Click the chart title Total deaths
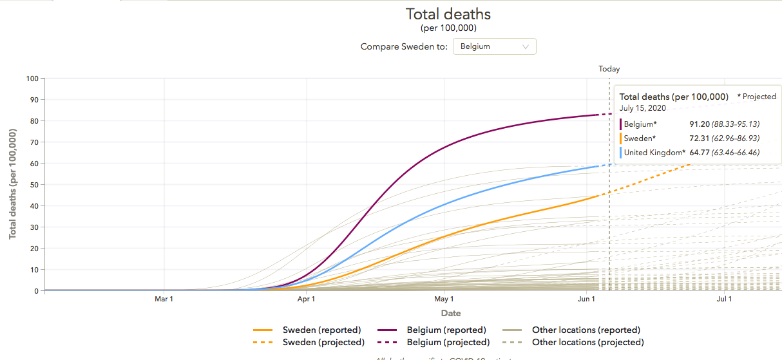448,14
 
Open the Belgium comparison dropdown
494,46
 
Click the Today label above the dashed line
609,69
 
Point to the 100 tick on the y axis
32,79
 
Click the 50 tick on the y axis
33,185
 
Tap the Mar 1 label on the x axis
164,299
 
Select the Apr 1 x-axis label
306,299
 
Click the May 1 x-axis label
444,299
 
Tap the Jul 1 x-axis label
724,299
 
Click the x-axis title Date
451,313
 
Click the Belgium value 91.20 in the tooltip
700,124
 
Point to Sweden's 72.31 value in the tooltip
700,138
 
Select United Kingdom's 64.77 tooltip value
700,153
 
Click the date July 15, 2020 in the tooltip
643,108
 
